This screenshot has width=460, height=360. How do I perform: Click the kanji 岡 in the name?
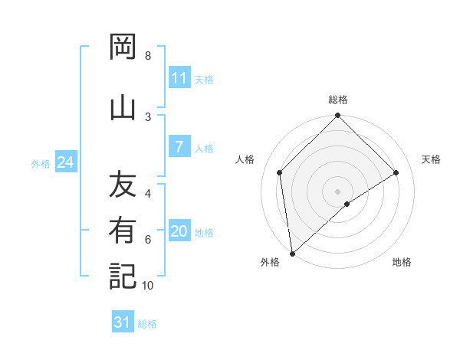pyautogui.click(x=123, y=47)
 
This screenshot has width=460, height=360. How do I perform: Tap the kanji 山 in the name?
pyautogui.click(x=123, y=104)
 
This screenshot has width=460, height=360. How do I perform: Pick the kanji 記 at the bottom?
pyautogui.click(x=123, y=276)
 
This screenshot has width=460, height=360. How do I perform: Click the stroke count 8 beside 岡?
pyautogui.click(x=148, y=56)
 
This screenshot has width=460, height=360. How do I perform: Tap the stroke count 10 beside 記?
pyautogui.click(x=148, y=286)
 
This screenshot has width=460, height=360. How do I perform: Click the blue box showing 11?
pyautogui.click(x=179, y=78)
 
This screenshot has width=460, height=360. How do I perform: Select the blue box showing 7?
pyautogui.click(x=179, y=148)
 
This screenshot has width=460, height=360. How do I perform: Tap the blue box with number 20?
pyautogui.click(x=179, y=232)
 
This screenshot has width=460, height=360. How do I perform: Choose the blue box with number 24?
pyautogui.click(x=65, y=162)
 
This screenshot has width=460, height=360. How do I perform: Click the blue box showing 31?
pyautogui.click(x=123, y=322)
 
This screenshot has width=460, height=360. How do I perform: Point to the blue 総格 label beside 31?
pyautogui.click(x=147, y=324)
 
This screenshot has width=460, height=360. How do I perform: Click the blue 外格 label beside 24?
pyautogui.click(x=41, y=163)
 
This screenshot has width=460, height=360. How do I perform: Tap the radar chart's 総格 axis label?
pyautogui.click(x=338, y=100)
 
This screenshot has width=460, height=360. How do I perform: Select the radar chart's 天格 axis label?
pyautogui.click(x=432, y=159)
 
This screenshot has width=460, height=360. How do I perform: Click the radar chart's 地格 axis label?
pyautogui.click(x=402, y=262)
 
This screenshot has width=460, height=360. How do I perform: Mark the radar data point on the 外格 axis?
pyautogui.click(x=292, y=253)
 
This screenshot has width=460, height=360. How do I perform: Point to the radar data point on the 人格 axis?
pyautogui.click(x=280, y=172)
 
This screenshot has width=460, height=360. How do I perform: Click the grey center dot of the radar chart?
pyautogui.click(x=338, y=191)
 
